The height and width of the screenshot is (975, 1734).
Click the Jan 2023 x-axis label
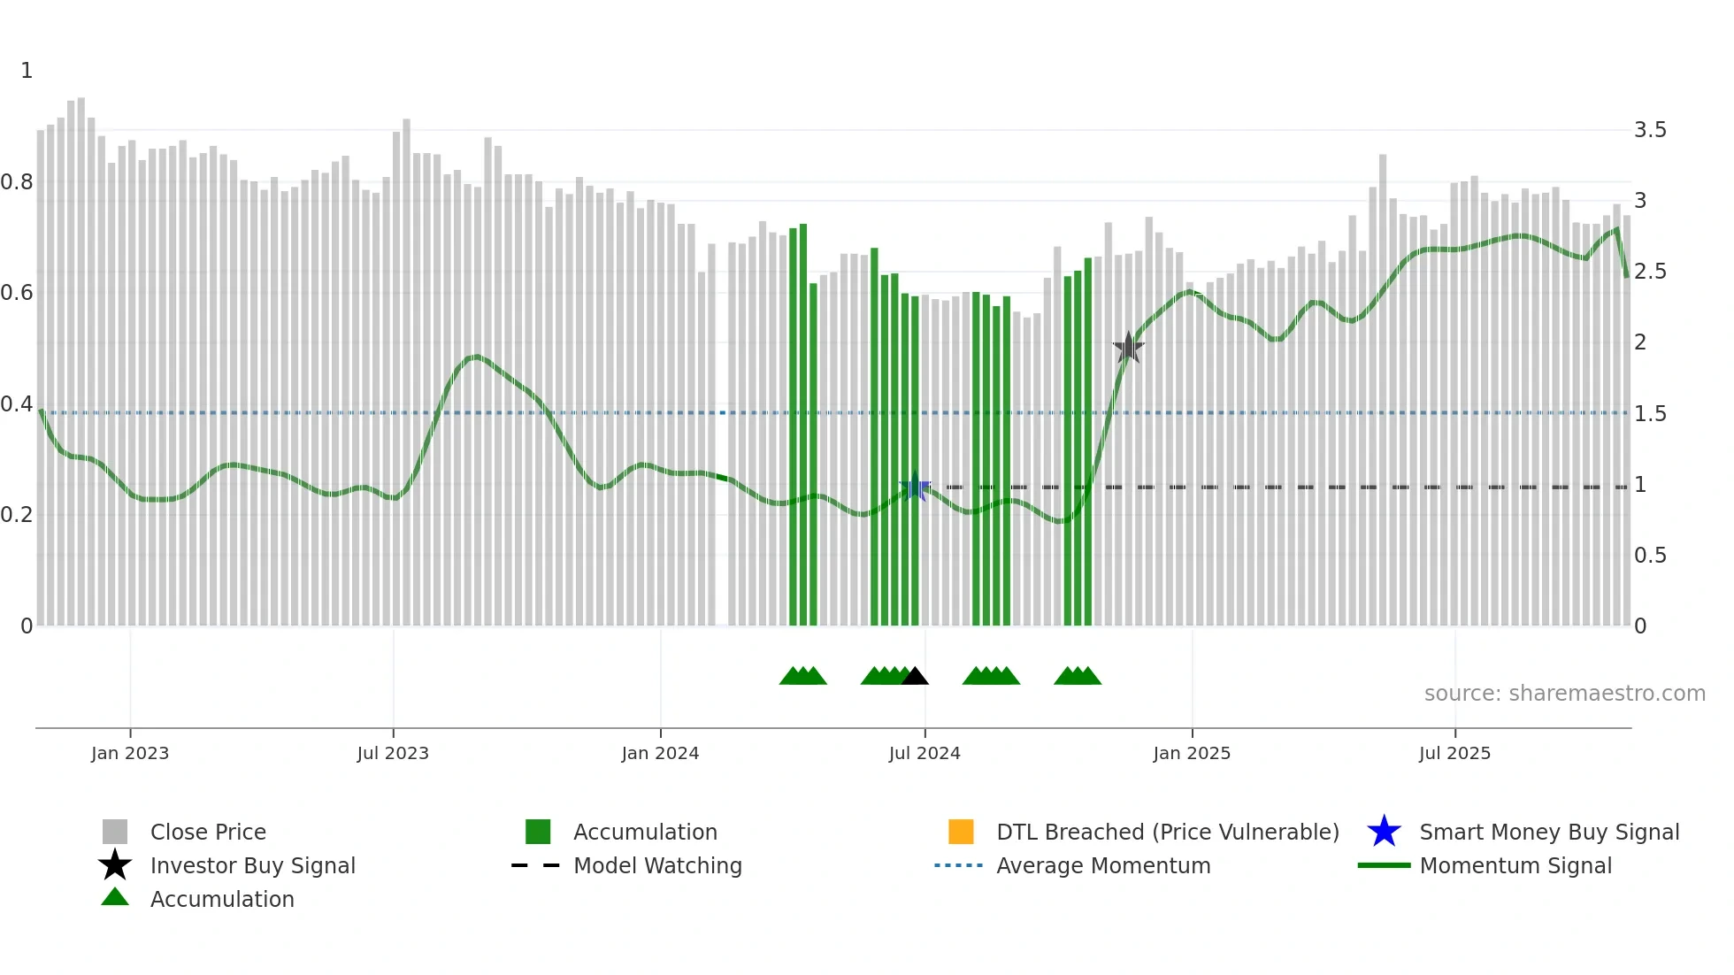130,753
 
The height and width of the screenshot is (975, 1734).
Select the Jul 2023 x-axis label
393,753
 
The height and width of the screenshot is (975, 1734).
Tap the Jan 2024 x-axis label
660,753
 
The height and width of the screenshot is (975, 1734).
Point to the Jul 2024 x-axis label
925,753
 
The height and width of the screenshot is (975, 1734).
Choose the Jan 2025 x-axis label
1192,753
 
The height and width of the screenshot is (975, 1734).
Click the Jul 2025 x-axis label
1454,753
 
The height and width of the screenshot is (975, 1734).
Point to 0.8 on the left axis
17,182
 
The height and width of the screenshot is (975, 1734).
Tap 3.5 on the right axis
1650,130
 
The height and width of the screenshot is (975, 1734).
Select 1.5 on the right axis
1650,414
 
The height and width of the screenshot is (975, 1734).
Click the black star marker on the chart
1128,348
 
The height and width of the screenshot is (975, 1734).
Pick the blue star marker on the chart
915,487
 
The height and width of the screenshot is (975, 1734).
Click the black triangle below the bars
915,677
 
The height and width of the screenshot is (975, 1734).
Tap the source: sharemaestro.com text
1564,694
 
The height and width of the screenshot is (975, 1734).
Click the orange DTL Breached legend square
961,832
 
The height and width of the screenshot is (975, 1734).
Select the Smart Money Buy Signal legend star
1384,832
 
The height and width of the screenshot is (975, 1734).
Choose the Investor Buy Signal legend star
115,865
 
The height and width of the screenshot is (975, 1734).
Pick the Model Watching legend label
657,865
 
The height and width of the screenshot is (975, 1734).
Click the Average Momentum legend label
1103,865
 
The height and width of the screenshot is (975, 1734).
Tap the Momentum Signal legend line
1384,865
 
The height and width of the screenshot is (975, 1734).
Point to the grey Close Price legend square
115,832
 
